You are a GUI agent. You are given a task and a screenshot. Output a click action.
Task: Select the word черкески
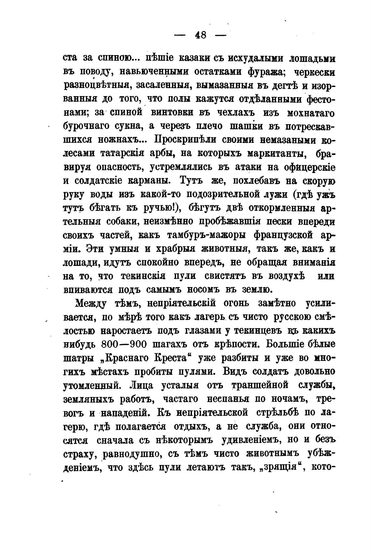point(315,71)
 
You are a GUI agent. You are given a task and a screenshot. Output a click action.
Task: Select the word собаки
point(123,221)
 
